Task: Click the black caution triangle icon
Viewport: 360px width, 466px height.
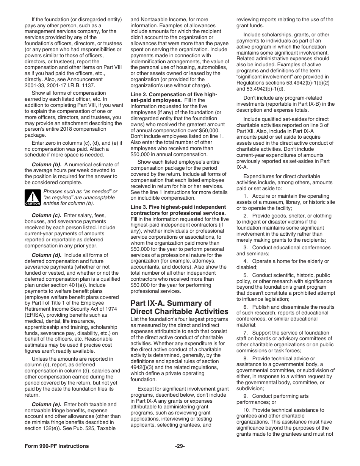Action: click(x=33, y=198)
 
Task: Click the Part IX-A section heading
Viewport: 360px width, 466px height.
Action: click(x=179, y=307)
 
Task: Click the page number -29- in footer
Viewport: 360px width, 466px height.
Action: click(x=180, y=446)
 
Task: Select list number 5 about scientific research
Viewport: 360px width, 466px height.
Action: click(x=246, y=275)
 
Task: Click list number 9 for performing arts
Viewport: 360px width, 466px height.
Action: click(x=246, y=396)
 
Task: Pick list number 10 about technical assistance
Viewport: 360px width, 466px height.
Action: click(x=247, y=410)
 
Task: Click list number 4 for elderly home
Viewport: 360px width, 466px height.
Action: click(x=246, y=261)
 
